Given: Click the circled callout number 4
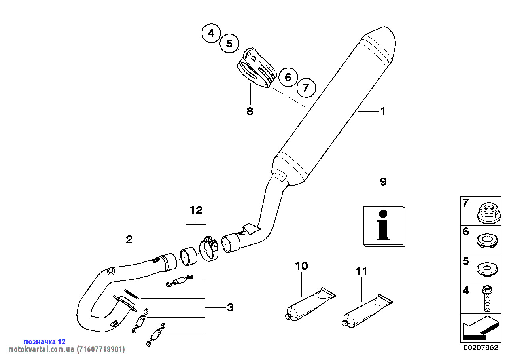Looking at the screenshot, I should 211,33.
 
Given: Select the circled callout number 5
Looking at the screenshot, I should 230,44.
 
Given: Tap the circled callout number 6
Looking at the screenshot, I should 288,77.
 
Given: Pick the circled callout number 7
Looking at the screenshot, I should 306,87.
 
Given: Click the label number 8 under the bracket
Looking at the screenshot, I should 250,111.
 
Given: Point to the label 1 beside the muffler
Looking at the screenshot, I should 382,112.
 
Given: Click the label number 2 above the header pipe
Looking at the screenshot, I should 129,239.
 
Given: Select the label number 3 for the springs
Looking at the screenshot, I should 230,307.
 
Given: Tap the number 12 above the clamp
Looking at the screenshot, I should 196,210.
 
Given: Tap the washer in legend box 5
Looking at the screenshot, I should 487,270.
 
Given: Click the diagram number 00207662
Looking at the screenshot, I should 481,348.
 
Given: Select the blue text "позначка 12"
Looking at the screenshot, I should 45,341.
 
